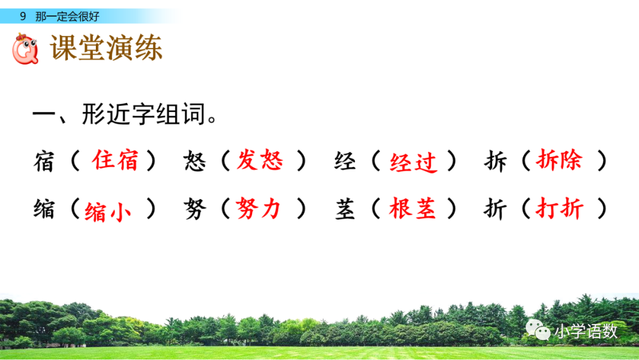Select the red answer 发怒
260,160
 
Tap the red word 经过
413,162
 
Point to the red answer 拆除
559,160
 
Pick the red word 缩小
108,211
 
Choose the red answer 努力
259,208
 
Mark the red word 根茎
412,208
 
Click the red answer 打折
559,208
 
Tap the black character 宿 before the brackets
44,162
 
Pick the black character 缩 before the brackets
44,210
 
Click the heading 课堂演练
106,49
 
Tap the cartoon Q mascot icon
25,49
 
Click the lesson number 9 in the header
22,17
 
